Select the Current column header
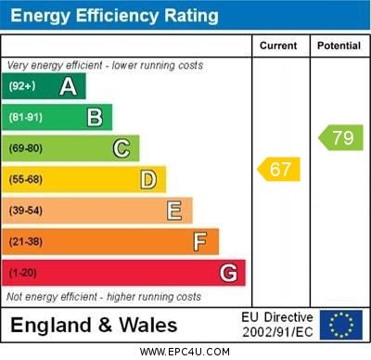tap(278, 45)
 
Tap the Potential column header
tap(339, 45)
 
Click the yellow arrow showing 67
tap(278, 169)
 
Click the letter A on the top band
tap(68, 86)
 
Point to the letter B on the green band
tap(95, 117)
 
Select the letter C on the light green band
tap(122, 148)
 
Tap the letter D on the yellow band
tap(148, 179)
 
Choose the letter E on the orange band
tap(174, 211)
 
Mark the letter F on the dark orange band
tap(200, 241)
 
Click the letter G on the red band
tap(228, 273)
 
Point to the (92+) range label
tap(22, 86)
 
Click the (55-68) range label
tap(26, 179)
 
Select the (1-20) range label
tap(23, 273)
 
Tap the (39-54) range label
tap(26, 211)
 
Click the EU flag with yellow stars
tap(341, 325)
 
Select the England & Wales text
tap(94, 325)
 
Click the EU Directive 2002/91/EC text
tap(278, 325)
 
